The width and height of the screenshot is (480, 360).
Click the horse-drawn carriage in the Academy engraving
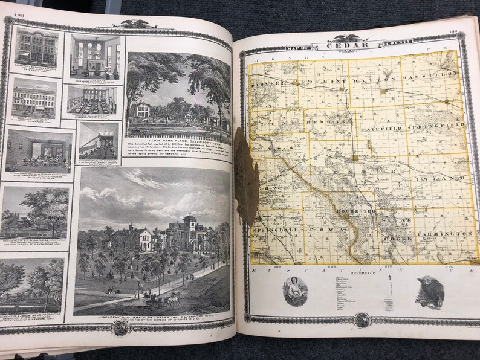point(165,298)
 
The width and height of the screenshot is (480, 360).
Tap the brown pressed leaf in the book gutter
point(246,176)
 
